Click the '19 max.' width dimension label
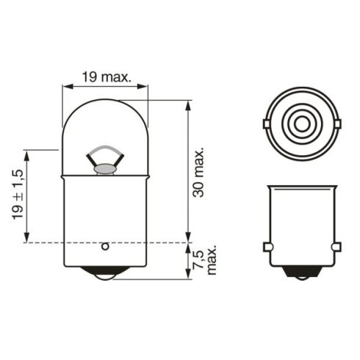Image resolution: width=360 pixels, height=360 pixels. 105,75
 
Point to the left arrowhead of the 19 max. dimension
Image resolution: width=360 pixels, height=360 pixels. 65,87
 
